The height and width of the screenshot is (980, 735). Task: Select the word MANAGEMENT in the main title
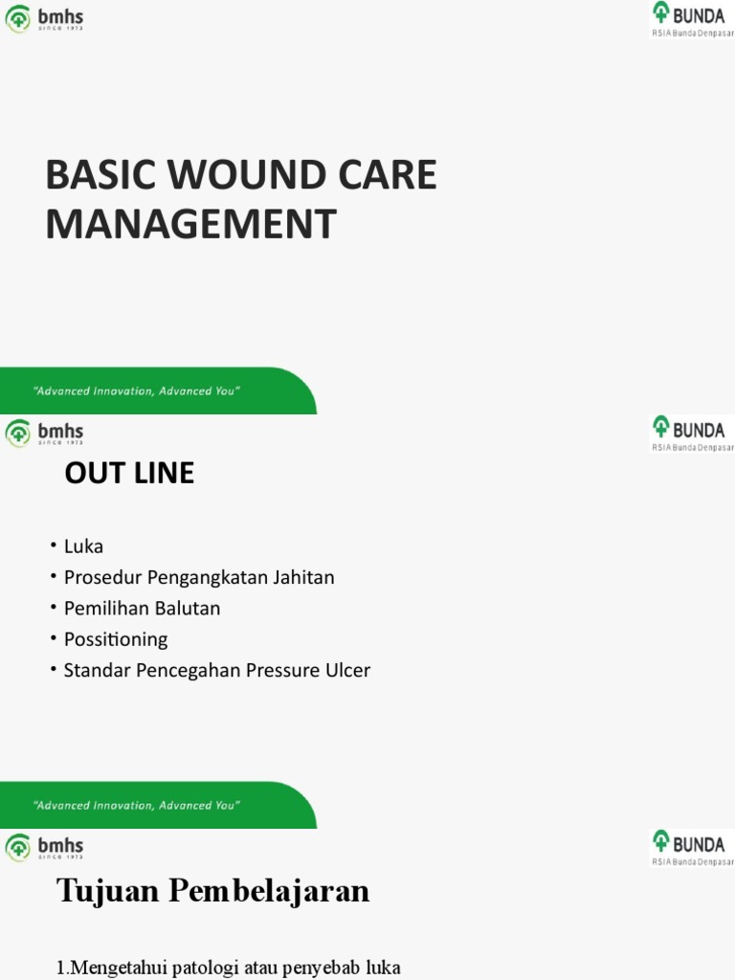tap(191, 225)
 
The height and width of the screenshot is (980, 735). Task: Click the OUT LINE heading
tap(129, 473)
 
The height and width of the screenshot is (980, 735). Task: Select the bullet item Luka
tap(83, 546)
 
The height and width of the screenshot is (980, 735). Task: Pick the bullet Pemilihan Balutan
tap(142, 608)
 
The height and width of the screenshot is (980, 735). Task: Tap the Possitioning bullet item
tap(115, 639)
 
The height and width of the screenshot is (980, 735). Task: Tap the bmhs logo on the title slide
tap(44, 18)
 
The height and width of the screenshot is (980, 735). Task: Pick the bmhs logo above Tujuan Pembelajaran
tap(44, 848)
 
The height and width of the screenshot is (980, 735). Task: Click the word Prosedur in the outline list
tap(102, 577)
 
